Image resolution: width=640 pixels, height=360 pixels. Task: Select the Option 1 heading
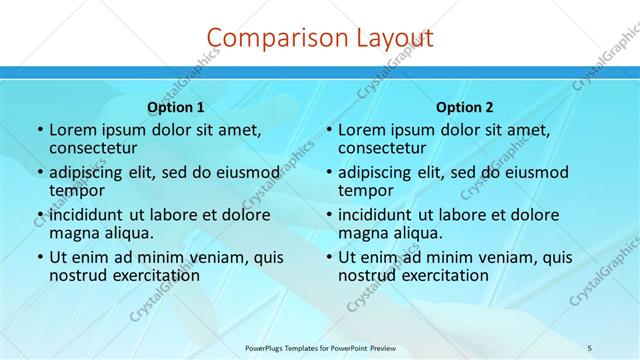[176, 107]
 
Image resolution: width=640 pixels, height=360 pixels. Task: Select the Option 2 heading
[465, 107]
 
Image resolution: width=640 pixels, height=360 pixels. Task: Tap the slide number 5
[590, 347]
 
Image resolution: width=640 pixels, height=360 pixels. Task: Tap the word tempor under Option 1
[78, 191]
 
